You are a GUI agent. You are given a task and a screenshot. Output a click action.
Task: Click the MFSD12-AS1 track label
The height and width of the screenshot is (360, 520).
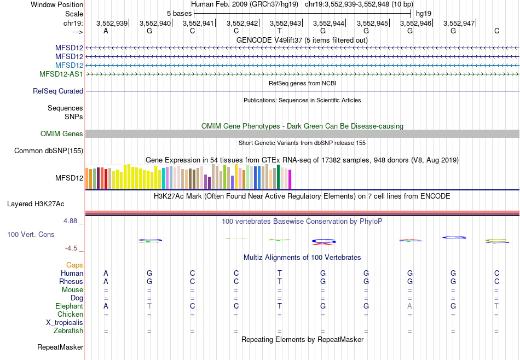[61, 74]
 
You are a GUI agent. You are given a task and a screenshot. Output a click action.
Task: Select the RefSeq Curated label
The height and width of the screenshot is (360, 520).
[58, 91]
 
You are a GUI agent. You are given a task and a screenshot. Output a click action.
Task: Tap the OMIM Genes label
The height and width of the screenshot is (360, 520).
[62, 134]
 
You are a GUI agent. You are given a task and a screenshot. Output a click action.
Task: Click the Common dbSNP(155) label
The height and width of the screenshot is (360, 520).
[49, 151]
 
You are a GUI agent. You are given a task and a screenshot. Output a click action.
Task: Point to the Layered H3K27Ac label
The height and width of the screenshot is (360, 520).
[36, 204]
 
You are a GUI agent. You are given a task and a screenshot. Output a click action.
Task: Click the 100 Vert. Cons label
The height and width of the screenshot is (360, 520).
[31, 234]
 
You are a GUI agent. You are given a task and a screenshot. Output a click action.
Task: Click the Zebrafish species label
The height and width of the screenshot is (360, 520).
[68, 331]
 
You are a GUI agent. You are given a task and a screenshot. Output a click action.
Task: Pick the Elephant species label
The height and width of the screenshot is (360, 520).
[69, 306]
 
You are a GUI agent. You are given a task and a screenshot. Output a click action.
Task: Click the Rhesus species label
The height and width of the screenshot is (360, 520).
[71, 282]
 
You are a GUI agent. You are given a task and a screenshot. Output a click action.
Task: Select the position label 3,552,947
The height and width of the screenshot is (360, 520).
[459, 24]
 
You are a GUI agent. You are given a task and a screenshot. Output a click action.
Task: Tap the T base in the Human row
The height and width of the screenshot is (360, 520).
[279, 274]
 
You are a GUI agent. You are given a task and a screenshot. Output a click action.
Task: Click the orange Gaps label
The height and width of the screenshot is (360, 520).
[74, 265]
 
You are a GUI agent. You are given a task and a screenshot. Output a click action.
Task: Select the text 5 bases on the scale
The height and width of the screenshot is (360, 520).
[179, 13]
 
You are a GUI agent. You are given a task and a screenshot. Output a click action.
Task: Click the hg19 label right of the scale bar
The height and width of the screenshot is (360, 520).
[424, 13]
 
